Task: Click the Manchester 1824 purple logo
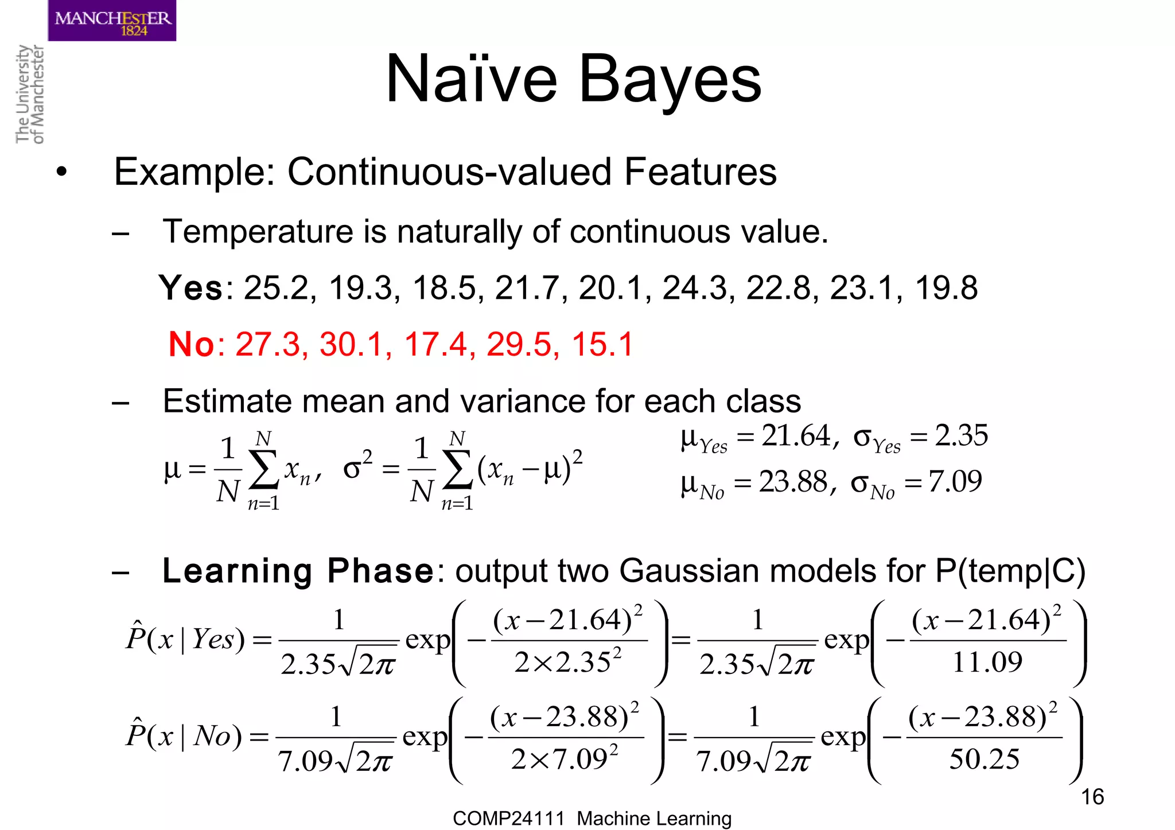pyautogui.click(x=112, y=21)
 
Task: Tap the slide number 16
pyautogui.click(x=1092, y=797)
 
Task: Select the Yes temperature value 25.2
pyautogui.click(x=276, y=288)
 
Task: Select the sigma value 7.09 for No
pyautogui.click(x=955, y=481)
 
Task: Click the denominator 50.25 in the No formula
pyautogui.click(x=984, y=759)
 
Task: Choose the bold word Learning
pyautogui.click(x=237, y=571)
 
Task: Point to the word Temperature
pyautogui.click(x=257, y=232)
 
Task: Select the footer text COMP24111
pyautogui.click(x=508, y=819)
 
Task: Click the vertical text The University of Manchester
pyautogui.click(x=29, y=94)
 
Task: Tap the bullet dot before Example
pyautogui.click(x=62, y=172)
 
